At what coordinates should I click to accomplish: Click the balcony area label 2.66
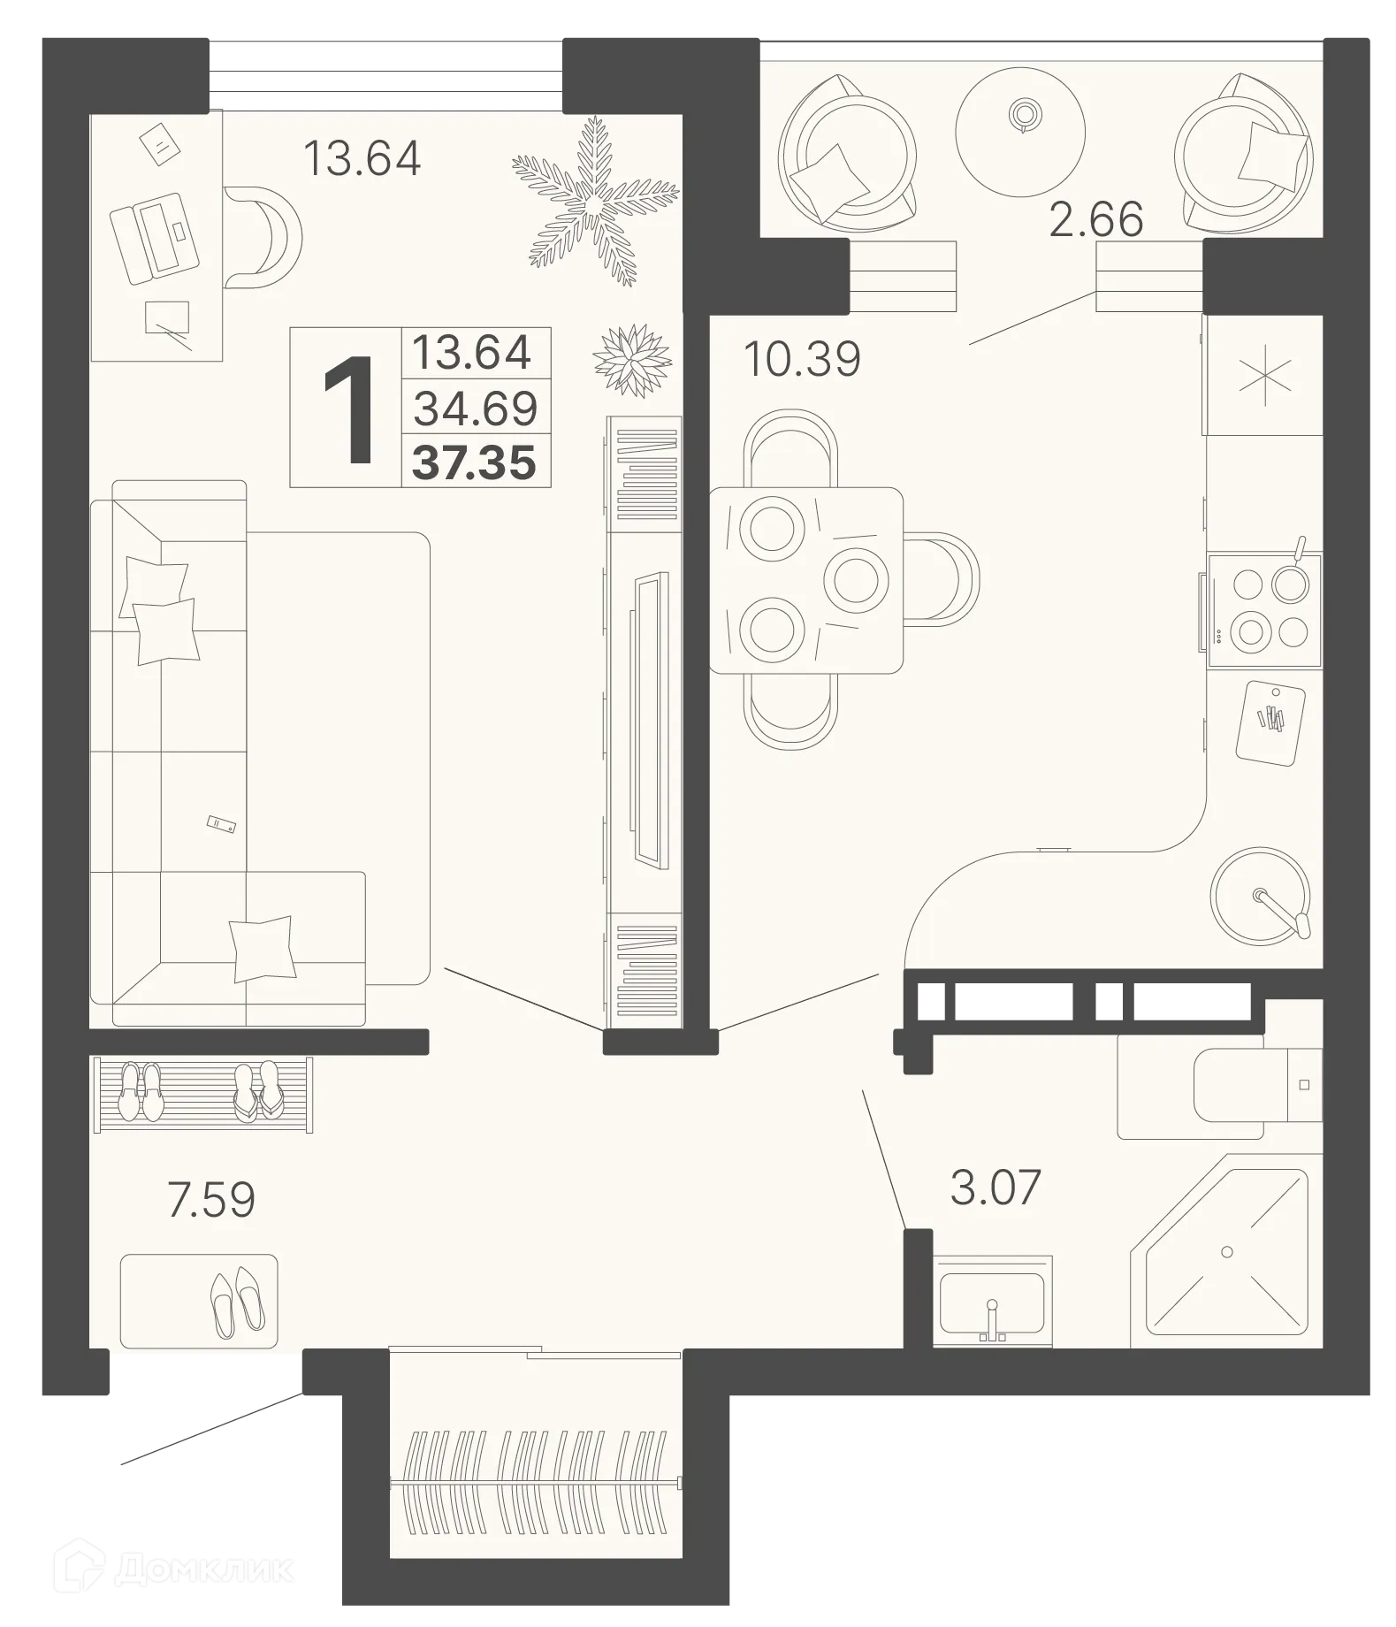[1095, 219]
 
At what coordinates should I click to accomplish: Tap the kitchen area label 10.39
[802, 359]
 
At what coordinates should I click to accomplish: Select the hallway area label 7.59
[211, 1200]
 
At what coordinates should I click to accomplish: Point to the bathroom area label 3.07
[996, 1188]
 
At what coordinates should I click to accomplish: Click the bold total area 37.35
[475, 462]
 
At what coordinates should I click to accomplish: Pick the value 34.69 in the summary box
[476, 409]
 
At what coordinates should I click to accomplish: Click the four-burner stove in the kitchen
[1263, 608]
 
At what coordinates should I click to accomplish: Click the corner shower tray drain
[1226, 1251]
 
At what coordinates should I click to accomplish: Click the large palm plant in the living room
[594, 203]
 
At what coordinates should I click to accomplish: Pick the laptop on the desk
[151, 236]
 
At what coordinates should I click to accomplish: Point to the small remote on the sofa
[221, 824]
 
